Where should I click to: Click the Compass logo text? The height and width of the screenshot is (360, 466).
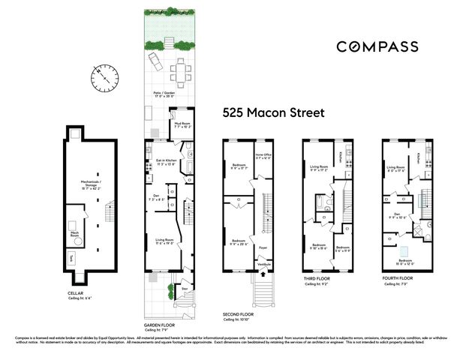click(x=377, y=46)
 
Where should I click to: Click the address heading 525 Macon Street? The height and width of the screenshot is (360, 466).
click(x=273, y=114)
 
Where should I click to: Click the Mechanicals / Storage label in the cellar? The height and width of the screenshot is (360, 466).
click(x=92, y=181)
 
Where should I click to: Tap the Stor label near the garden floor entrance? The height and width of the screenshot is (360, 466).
click(x=185, y=287)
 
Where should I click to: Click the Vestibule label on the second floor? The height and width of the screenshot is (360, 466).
click(x=264, y=264)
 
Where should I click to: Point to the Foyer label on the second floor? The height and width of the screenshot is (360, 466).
click(x=263, y=246)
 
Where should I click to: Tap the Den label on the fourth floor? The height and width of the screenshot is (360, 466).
click(x=395, y=214)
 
